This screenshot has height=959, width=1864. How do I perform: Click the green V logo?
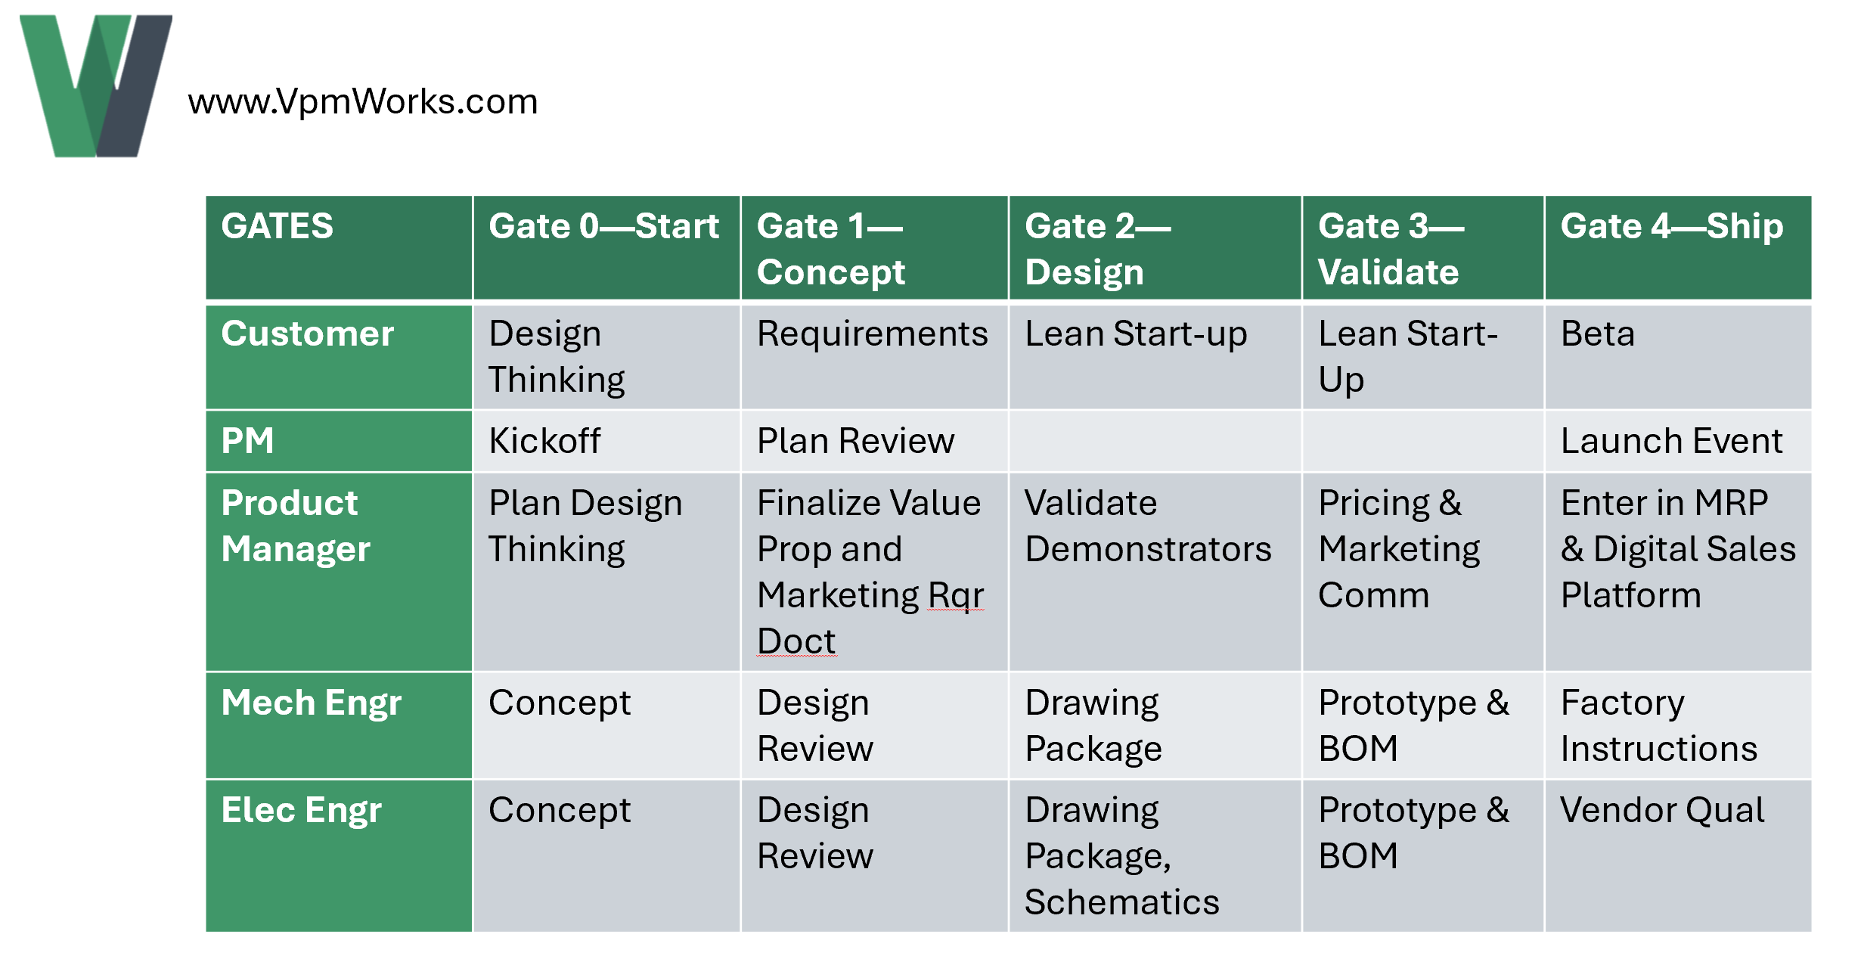(95, 86)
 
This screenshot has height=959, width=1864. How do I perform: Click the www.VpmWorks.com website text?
(362, 101)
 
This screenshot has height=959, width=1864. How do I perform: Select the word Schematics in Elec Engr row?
(1121, 902)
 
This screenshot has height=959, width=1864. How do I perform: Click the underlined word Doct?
(796, 641)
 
